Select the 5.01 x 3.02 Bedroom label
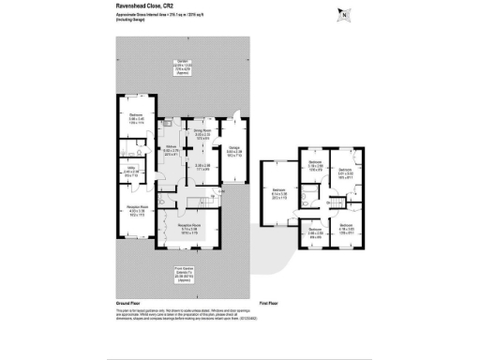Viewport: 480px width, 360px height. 344,173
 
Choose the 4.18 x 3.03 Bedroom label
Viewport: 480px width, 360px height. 345,228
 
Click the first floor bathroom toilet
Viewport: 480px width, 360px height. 307,201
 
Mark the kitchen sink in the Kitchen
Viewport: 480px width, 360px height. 165,123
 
